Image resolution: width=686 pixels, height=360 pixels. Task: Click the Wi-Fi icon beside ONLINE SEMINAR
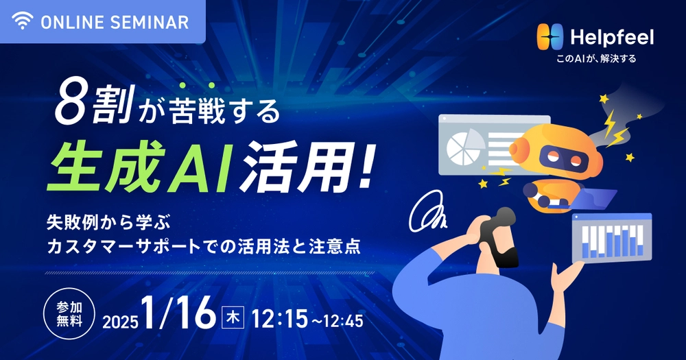point(23,21)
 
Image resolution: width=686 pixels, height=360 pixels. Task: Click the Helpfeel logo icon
point(550,37)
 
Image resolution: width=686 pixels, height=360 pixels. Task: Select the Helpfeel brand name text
point(612,37)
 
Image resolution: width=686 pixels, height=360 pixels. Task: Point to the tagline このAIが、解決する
point(596,58)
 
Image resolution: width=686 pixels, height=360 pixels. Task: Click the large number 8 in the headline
point(70,106)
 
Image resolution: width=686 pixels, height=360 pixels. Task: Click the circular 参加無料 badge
point(69,313)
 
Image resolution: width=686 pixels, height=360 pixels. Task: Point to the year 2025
point(120,322)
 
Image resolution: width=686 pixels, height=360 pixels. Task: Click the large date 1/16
point(178,313)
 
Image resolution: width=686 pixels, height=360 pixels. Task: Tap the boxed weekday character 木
point(233,317)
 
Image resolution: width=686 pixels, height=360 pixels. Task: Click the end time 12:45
point(344,322)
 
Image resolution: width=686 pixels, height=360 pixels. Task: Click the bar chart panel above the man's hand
point(612,239)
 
